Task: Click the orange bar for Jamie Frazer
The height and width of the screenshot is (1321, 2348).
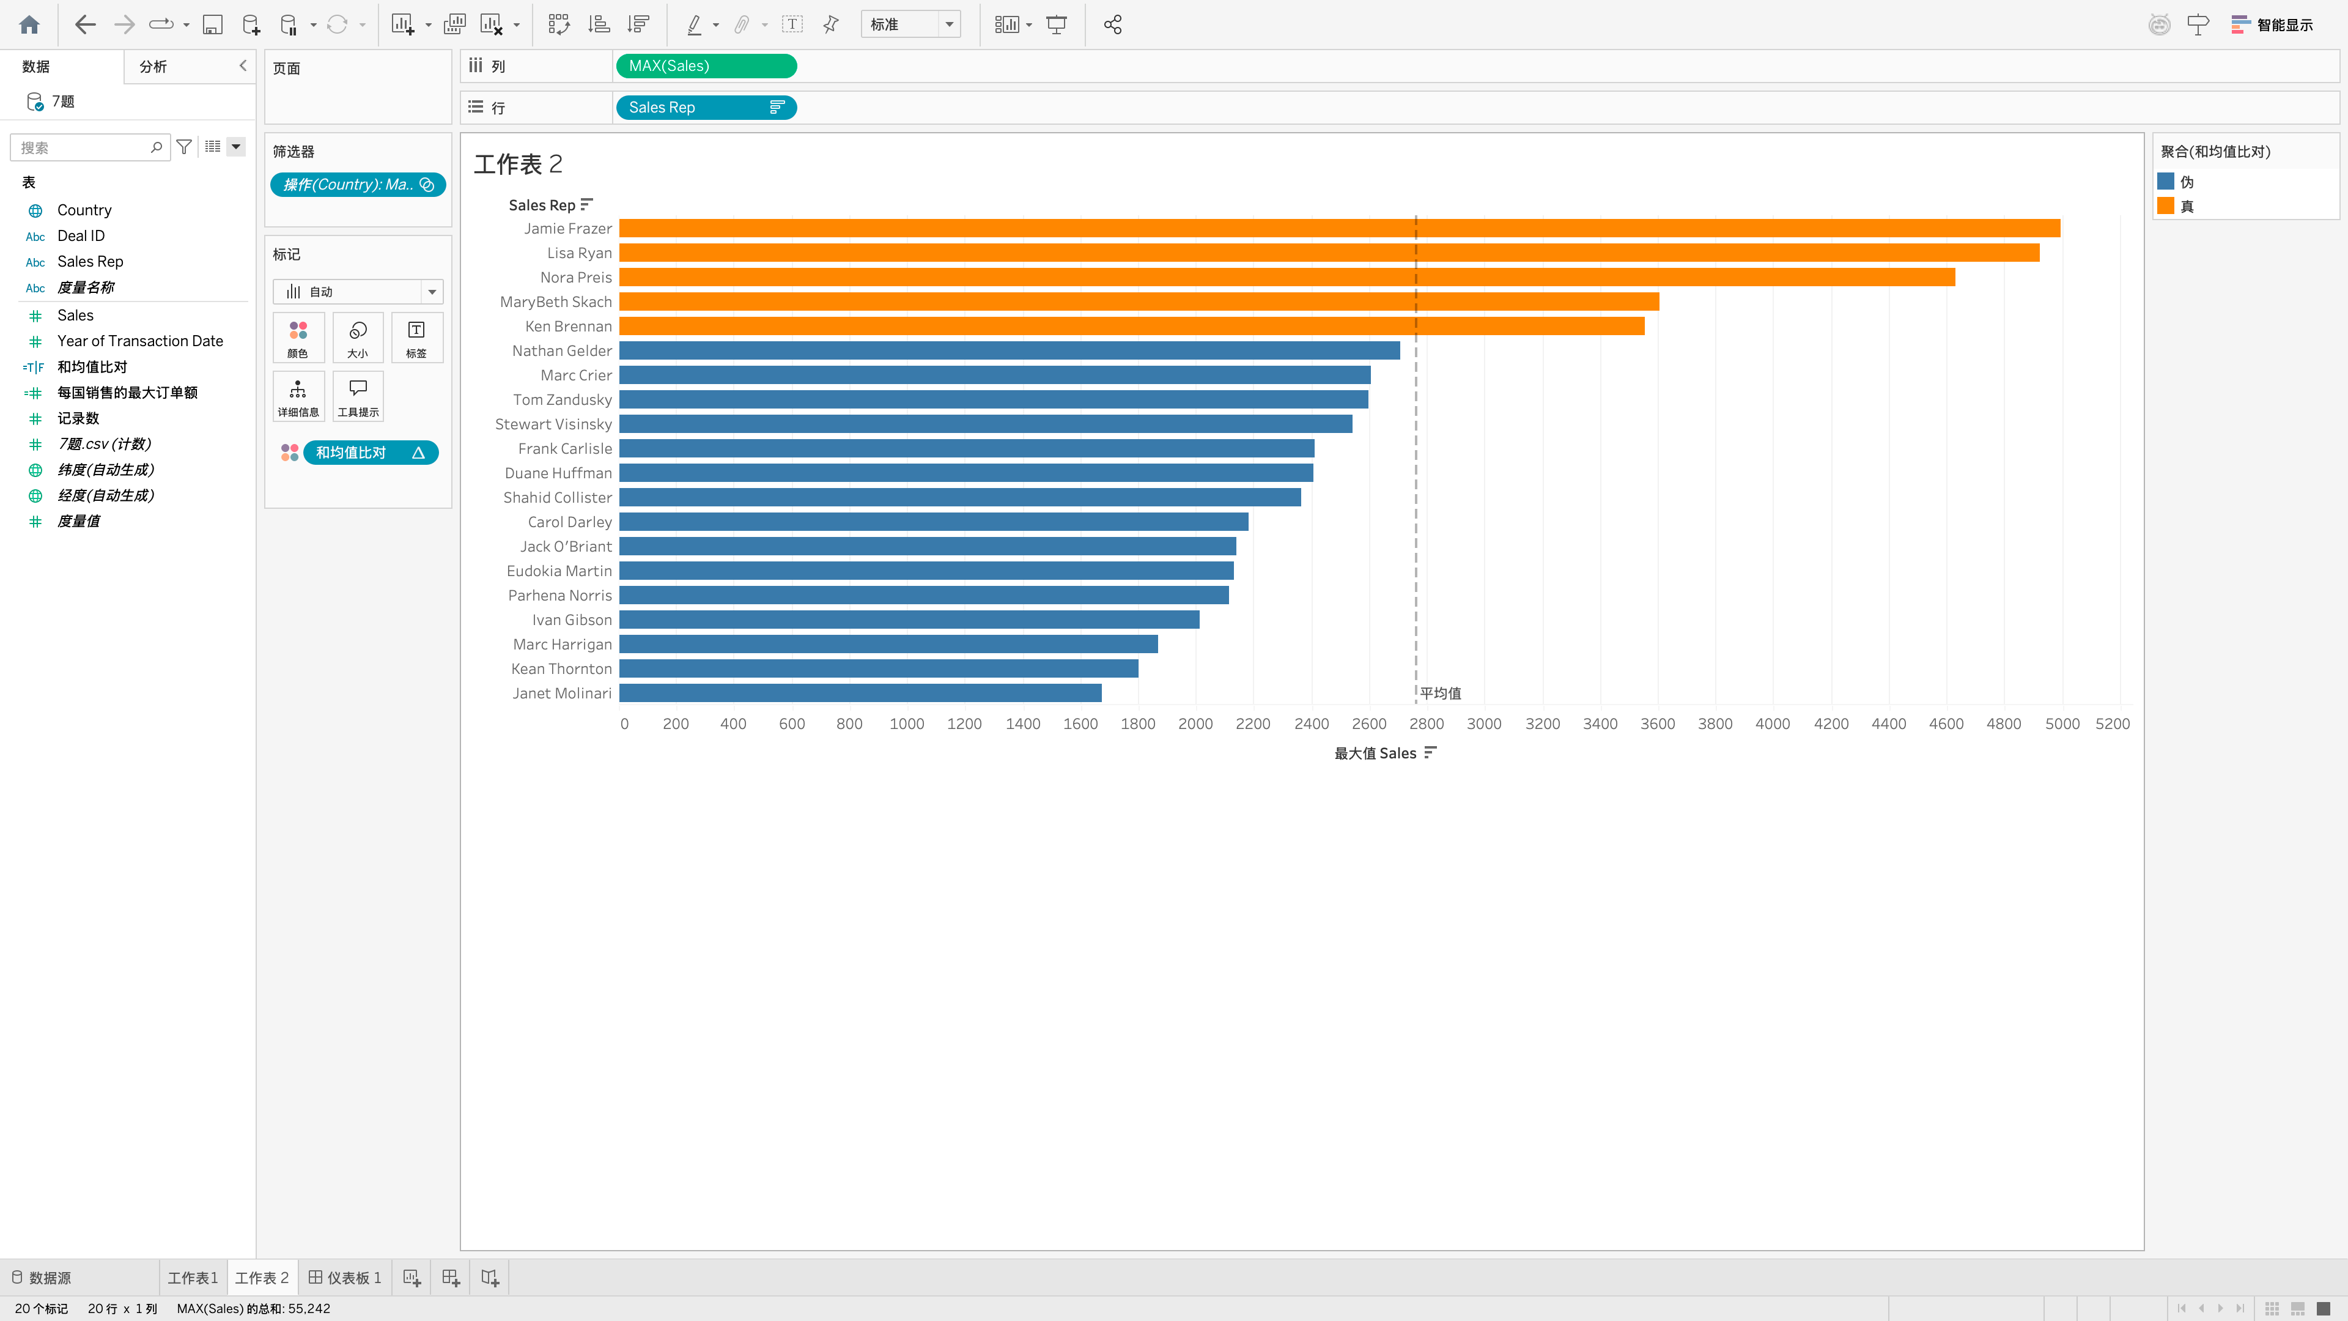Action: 1339,228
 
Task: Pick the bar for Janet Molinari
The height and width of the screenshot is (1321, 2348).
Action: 860,693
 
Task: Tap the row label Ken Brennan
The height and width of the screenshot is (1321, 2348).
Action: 568,327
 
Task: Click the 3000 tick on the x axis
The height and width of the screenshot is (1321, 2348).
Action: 1484,724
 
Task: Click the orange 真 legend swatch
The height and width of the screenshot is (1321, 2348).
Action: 2166,206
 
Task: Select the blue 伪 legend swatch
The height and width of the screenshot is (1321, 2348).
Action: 2166,182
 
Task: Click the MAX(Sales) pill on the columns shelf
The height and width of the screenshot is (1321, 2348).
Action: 706,65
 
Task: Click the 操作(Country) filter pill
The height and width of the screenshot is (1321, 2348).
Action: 357,184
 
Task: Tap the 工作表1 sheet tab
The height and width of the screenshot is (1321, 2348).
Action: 193,1277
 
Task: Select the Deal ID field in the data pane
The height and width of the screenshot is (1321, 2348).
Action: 81,235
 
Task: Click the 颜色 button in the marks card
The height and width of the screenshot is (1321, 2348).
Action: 298,338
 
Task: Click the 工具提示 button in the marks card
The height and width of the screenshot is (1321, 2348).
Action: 358,396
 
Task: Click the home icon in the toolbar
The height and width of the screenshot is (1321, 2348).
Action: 29,24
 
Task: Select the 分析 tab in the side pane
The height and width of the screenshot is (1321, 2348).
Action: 153,67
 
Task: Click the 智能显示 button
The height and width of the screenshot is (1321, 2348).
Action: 2272,24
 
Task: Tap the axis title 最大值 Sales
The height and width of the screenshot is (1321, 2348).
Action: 1375,753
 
